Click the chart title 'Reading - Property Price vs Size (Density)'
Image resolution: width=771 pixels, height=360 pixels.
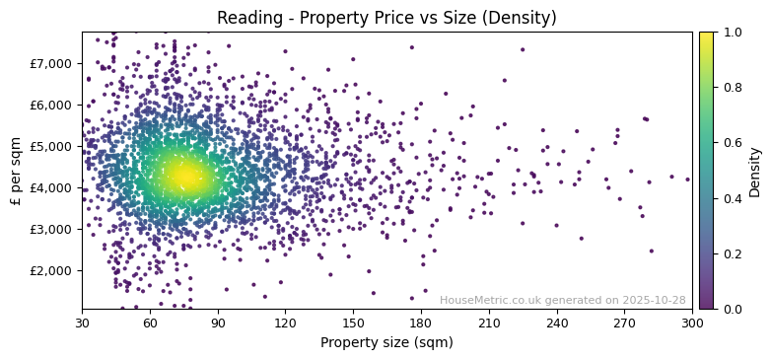point(386,18)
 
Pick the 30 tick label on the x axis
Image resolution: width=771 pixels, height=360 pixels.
point(82,323)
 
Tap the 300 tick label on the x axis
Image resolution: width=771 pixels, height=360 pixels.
point(692,323)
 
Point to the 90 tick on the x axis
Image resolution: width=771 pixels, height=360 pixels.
point(218,323)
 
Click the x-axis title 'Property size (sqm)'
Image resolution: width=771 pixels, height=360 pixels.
point(386,343)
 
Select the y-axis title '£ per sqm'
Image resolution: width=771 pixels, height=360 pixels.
point(17,171)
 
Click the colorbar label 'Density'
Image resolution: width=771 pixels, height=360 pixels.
point(755,171)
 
